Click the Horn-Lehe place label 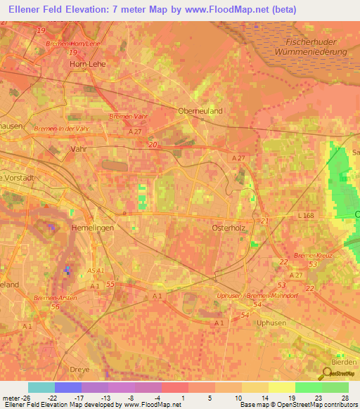[87, 63]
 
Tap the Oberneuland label [200, 110]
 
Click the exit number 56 [55, 307]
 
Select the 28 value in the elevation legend [346, 396]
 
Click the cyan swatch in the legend [41, 387]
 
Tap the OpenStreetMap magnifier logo [328, 372]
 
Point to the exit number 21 [264, 221]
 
